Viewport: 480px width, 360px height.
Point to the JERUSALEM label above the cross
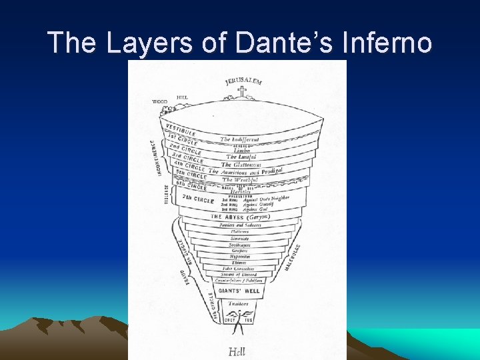[243, 81]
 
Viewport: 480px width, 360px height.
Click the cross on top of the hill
[241, 92]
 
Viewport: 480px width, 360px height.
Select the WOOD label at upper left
[159, 101]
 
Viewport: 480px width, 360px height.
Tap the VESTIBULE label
[181, 129]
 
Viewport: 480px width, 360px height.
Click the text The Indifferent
[239, 139]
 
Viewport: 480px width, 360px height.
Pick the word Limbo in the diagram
[241, 150]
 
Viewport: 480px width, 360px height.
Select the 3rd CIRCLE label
[187, 157]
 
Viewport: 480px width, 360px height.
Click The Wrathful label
[237, 179]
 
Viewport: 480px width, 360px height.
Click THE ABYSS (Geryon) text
[240, 217]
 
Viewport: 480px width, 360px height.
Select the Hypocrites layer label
[240, 256]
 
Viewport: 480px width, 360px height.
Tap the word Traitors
[238, 303]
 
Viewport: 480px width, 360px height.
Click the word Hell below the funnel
[237, 351]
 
